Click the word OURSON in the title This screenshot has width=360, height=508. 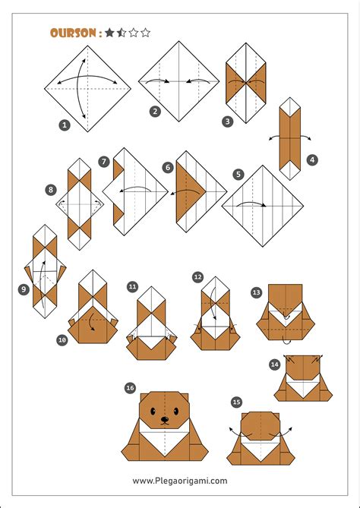click(73, 33)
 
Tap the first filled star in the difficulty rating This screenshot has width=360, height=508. click(109, 33)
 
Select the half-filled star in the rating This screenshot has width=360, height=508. click(122, 33)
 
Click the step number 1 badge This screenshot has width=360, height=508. click(65, 125)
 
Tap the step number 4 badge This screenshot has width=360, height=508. click(312, 159)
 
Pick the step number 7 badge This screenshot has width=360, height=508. click(104, 162)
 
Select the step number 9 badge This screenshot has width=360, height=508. click(24, 289)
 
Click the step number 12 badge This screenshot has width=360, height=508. click(197, 277)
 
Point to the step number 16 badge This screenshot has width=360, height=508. click(131, 388)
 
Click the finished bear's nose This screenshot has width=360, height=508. click(165, 420)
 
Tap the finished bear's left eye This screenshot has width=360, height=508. click(153, 412)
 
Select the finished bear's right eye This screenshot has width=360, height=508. click(176, 412)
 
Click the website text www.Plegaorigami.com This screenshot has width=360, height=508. click(180, 481)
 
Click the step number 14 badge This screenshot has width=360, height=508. click(275, 364)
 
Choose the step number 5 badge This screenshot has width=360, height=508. click(238, 175)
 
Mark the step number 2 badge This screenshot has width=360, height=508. click(155, 112)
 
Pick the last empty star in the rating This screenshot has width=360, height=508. click(146, 33)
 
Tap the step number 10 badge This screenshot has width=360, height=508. click(62, 340)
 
